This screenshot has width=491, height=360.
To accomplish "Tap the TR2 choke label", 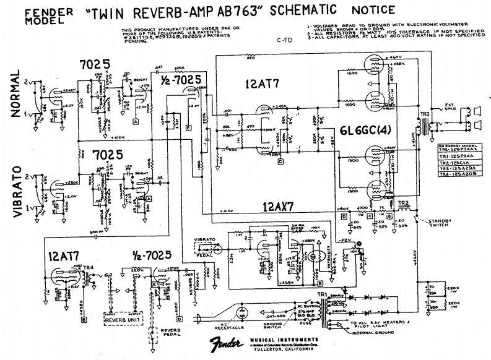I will pos(403,203).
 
